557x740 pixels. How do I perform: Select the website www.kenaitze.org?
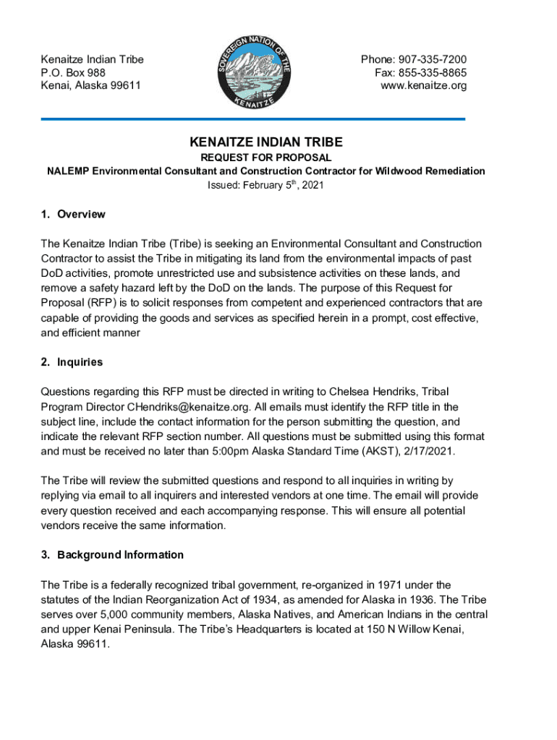point(424,85)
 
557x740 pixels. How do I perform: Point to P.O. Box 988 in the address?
point(73,72)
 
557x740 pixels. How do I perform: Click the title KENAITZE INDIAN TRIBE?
point(266,142)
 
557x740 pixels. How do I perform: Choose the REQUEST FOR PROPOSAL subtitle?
point(266,157)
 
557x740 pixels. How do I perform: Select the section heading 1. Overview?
point(73,214)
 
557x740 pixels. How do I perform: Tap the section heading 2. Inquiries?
point(72,362)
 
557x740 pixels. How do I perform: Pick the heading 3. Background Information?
point(112,555)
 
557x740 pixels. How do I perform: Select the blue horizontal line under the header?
point(253,119)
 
